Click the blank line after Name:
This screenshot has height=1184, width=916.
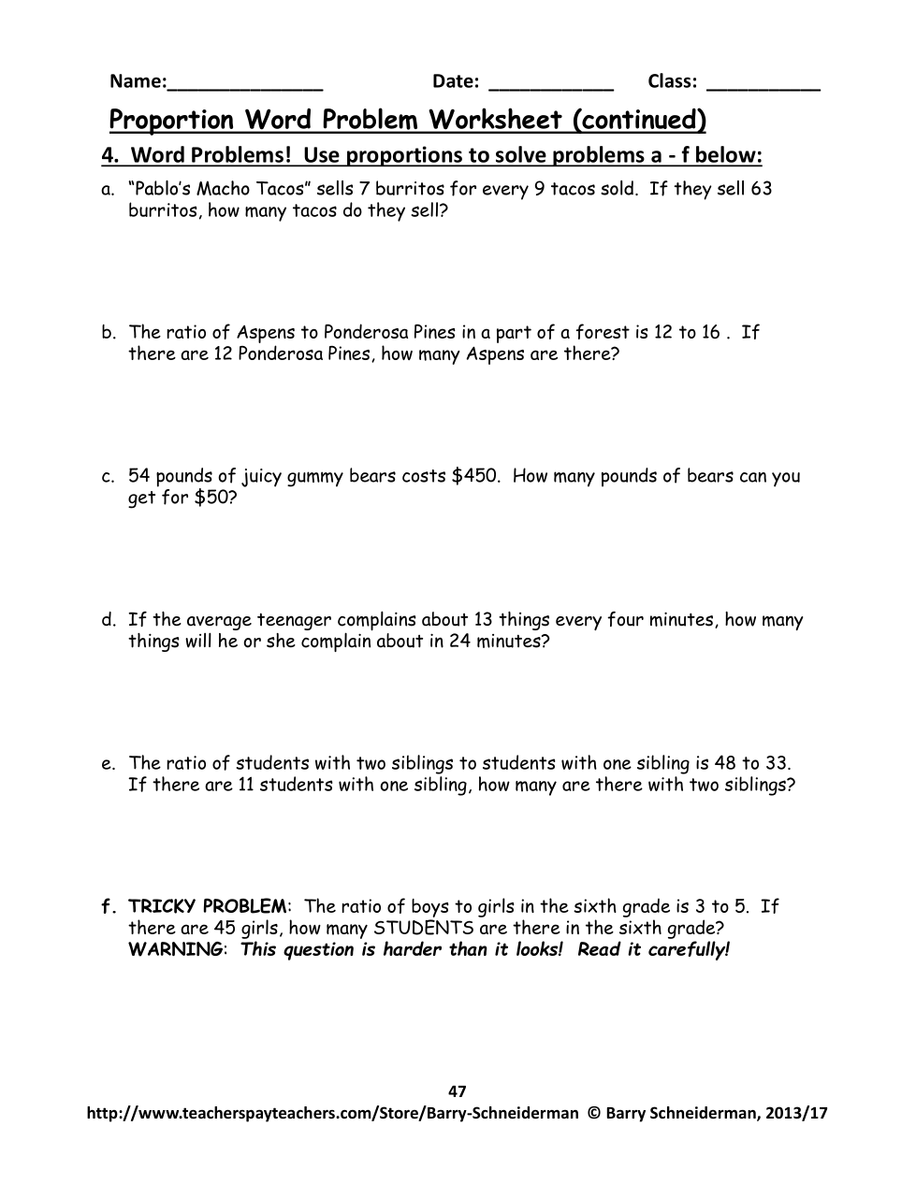(x=244, y=85)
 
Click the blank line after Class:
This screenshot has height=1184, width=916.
(x=763, y=85)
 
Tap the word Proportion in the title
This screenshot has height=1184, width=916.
(x=171, y=120)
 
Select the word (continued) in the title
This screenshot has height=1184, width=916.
(x=639, y=120)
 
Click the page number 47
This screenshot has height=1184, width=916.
(x=458, y=1090)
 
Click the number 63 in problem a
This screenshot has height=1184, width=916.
(x=762, y=189)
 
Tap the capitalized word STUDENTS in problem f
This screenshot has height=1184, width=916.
(x=424, y=928)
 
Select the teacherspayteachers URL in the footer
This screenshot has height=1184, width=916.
(x=332, y=1113)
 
